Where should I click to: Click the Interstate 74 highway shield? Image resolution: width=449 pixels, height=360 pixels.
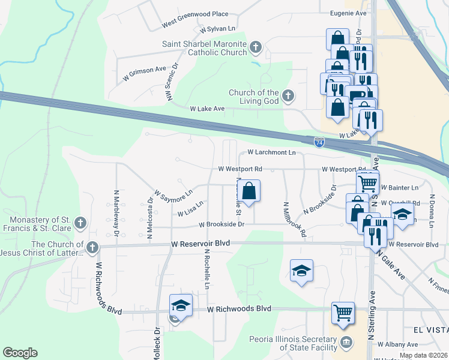320,142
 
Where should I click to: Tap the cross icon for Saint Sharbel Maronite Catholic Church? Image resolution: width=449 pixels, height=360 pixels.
256,47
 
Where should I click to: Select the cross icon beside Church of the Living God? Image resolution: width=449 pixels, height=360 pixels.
288,95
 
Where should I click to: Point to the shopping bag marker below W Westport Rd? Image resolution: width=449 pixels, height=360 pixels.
251,191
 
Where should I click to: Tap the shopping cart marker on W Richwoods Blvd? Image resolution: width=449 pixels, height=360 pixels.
343,312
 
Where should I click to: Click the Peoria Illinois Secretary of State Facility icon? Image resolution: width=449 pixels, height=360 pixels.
347,343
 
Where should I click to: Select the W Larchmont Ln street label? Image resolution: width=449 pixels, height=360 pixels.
271,153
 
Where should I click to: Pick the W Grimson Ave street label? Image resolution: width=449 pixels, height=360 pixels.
144,73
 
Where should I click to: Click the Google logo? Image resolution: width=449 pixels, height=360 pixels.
20,353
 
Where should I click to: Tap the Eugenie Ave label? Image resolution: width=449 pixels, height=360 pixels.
348,13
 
